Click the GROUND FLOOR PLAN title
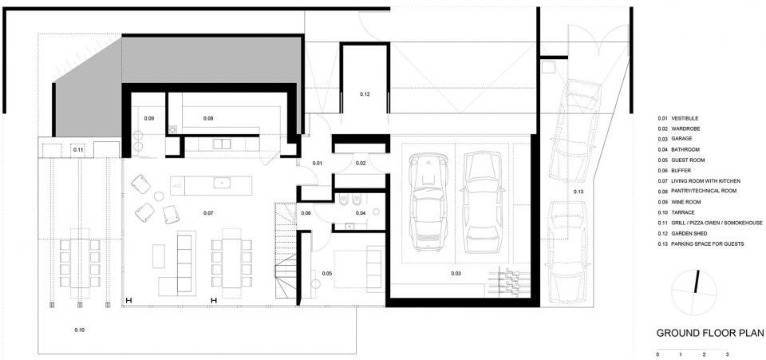(710, 333)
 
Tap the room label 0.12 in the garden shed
(365, 93)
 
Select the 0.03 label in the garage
(456, 274)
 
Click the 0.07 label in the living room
(208, 213)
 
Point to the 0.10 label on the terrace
(80, 330)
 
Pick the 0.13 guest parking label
(578, 192)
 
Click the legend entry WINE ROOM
(686, 202)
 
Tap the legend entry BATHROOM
(685, 149)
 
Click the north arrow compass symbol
(693, 292)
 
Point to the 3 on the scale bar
(727, 354)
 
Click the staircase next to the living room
(286, 251)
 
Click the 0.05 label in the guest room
(327, 273)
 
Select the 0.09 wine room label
(149, 118)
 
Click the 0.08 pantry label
(208, 118)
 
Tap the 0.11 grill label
(78, 150)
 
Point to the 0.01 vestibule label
(318, 163)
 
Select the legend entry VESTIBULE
(685, 118)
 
